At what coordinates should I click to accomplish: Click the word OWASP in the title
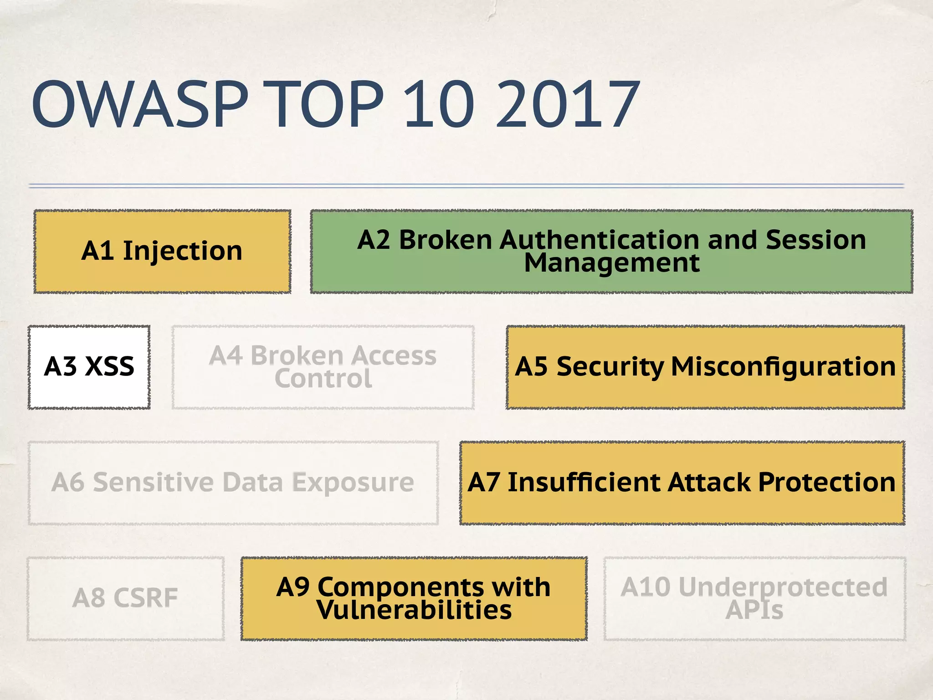pyautogui.click(x=139, y=105)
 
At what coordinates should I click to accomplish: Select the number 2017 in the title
pyautogui.click(x=568, y=105)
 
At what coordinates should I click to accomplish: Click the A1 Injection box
pyautogui.click(x=162, y=251)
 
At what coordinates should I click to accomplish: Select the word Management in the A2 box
pyautogui.click(x=611, y=263)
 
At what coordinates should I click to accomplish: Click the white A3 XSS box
pyautogui.click(x=89, y=367)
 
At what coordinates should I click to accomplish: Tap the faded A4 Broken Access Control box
pyautogui.click(x=323, y=367)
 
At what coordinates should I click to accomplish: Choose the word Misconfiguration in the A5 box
pyautogui.click(x=783, y=367)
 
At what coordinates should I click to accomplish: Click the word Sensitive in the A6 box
pyautogui.click(x=153, y=483)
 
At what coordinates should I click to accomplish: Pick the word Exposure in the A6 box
pyautogui.click(x=353, y=483)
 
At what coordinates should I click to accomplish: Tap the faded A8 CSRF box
pyautogui.click(x=125, y=598)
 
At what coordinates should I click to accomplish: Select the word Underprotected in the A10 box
pyautogui.click(x=783, y=587)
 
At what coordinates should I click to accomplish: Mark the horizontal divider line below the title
pyautogui.click(x=466, y=185)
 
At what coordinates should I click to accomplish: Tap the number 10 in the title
pyautogui.click(x=439, y=105)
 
